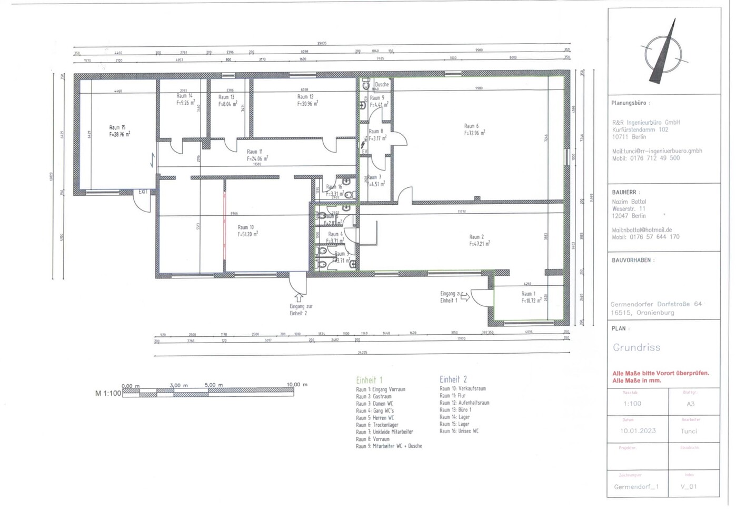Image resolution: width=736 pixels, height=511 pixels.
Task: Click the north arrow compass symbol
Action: pos(663,53)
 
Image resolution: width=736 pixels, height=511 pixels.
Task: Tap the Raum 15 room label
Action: pos(117,127)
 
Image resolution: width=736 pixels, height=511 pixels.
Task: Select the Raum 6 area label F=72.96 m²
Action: pos(474,133)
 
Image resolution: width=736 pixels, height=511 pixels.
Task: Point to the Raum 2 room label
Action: pos(476,237)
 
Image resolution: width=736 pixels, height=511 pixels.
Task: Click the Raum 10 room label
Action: pos(245,227)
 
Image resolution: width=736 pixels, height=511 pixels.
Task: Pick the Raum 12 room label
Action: pos(305,97)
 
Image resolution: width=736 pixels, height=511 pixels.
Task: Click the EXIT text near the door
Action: pos(143,192)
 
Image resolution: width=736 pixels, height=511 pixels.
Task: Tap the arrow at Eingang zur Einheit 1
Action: pos(465,297)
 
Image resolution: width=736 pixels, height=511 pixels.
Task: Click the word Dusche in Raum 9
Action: pos(382,84)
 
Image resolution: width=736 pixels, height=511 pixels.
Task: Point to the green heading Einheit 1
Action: pos(369,380)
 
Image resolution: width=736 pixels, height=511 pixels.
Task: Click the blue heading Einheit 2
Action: pos(453,379)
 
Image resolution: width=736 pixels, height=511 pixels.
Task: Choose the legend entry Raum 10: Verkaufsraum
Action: pos(463,388)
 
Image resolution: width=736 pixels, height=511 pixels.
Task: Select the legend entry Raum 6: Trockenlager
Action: pos(377,425)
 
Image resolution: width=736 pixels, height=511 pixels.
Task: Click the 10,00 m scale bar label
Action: pos(297,385)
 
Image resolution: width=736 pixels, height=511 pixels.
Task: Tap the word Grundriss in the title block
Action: pos(636,347)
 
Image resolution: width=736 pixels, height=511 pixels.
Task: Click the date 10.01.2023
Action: pos(638,430)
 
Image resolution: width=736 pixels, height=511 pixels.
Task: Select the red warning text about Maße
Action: pos(660,377)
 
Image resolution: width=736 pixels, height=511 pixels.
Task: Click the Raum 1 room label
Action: pos(528,294)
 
